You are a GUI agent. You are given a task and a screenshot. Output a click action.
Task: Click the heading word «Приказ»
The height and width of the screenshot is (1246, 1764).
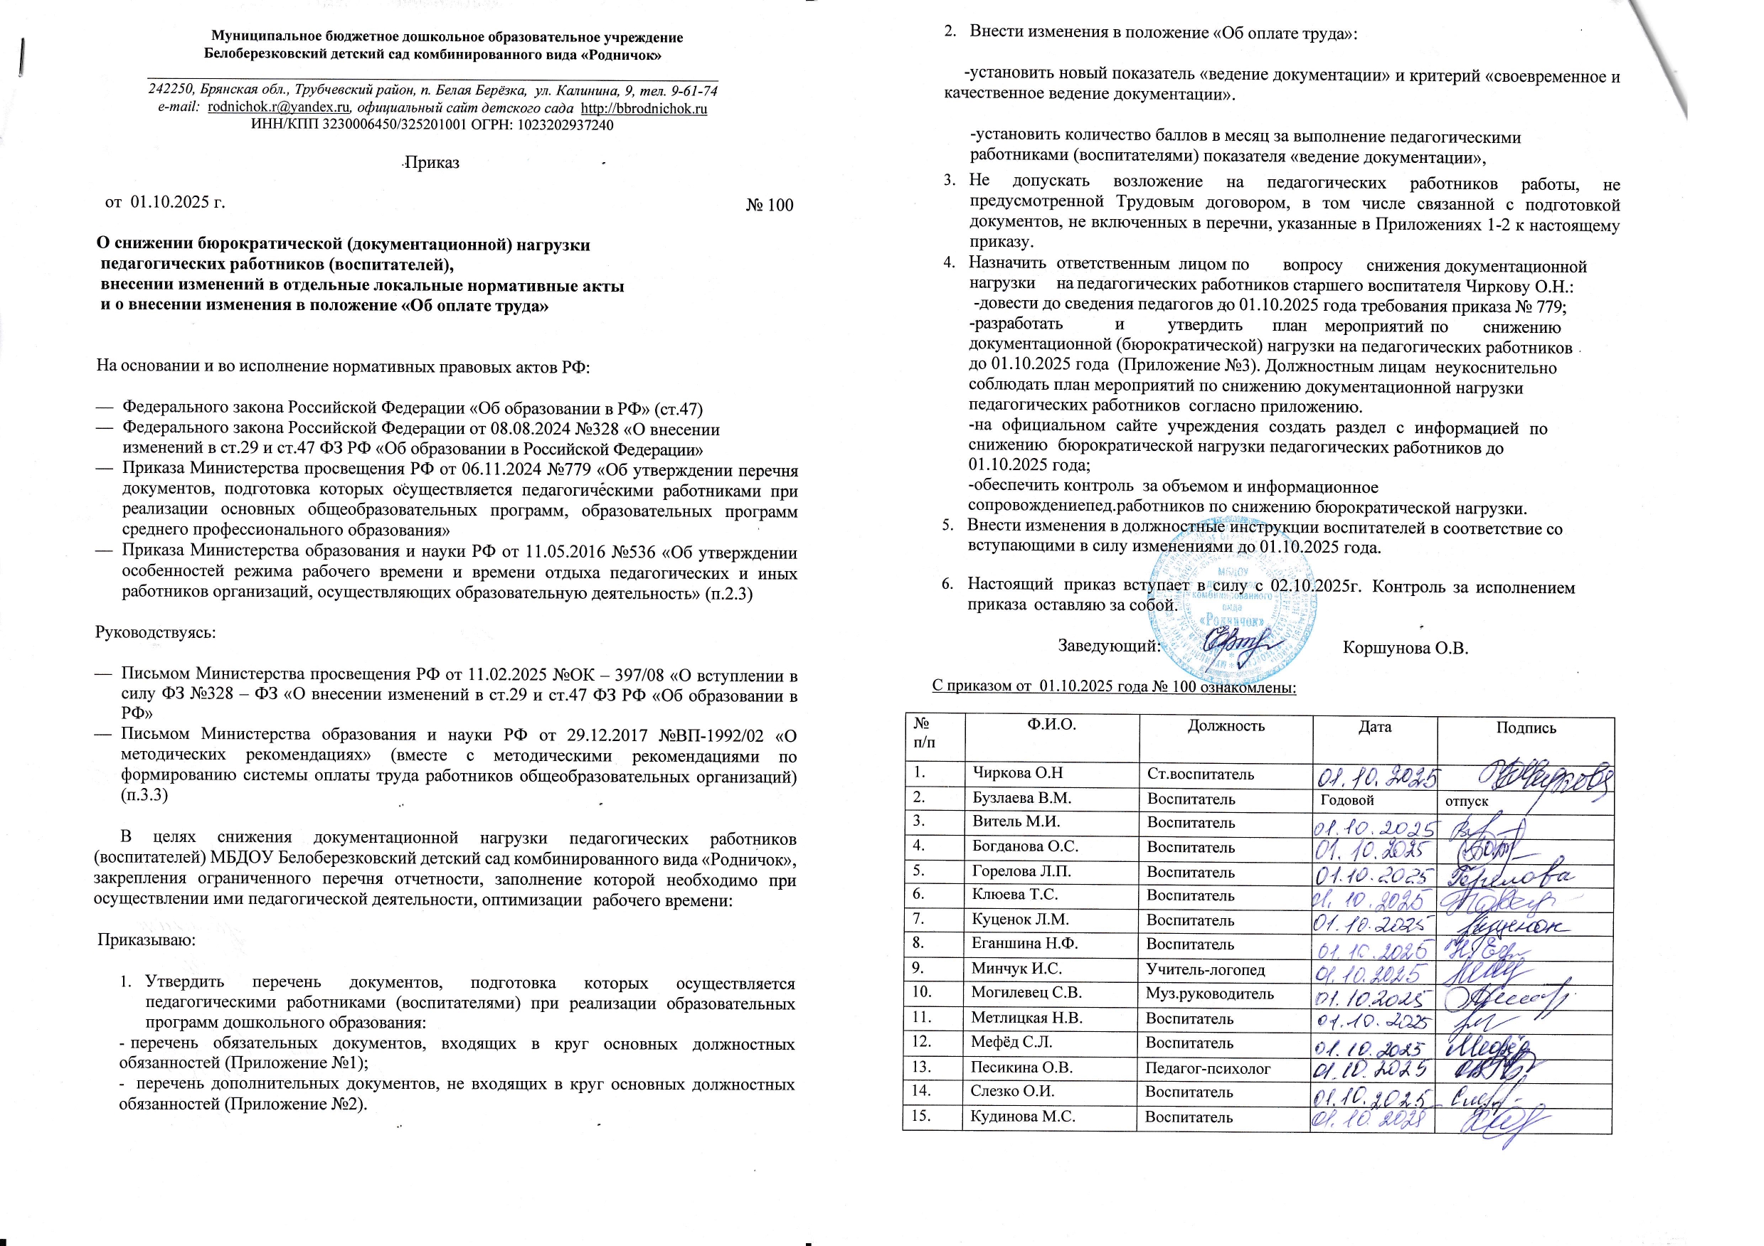click(x=432, y=163)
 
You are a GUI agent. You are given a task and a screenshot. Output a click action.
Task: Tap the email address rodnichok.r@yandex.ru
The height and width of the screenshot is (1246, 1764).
click(x=278, y=107)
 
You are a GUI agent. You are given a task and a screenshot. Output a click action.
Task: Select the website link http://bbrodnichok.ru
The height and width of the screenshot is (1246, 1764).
click(x=644, y=108)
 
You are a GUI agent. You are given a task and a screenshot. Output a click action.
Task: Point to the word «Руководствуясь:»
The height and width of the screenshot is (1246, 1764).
click(x=155, y=633)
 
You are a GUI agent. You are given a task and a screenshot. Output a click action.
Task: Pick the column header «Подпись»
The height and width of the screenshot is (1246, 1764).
click(x=1525, y=728)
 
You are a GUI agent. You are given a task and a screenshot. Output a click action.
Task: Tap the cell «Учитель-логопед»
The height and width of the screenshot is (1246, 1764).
click(x=1205, y=969)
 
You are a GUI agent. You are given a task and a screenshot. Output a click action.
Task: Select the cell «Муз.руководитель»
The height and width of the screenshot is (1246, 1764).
click(x=1209, y=994)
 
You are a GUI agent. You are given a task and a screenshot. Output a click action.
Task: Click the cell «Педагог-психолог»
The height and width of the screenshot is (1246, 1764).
click(x=1207, y=1067)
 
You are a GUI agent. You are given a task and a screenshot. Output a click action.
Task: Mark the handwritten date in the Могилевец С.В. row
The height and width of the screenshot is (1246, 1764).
click(x=1372, y=999)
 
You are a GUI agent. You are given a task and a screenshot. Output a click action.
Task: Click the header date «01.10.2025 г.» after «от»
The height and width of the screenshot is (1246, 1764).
click(x=178, y=202)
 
